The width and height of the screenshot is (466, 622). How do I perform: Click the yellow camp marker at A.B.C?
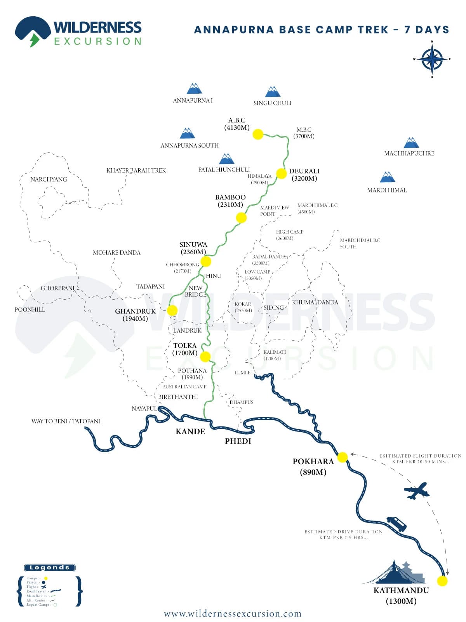(258, 135)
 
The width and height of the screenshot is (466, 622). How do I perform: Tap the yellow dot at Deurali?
(282, 173)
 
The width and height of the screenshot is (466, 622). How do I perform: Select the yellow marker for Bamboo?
(241, 218)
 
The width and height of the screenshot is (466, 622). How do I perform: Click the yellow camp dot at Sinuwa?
(206, 261)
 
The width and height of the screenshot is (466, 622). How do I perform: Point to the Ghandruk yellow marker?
(172, 310)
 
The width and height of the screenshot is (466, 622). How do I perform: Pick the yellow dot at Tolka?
(205, 356)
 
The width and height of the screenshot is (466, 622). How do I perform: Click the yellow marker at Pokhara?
(343, 457)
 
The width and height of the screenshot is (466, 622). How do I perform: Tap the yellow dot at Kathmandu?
(442, 581)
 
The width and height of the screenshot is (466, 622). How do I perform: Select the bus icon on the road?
(396, 524)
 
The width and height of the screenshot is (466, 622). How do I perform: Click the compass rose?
(432, 59)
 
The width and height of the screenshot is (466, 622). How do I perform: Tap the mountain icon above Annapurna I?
(194, 89)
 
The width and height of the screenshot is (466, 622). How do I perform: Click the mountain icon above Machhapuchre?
(411, 143)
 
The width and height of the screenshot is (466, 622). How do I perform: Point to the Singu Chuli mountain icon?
(273, 92)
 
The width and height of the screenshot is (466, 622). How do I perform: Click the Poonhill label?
(30, 310)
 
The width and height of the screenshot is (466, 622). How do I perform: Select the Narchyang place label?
(49, 180)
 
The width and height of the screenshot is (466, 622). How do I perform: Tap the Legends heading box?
(50, 568)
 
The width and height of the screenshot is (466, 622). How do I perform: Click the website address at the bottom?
(233, 614)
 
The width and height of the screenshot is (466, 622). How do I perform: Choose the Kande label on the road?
(190, 432)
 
